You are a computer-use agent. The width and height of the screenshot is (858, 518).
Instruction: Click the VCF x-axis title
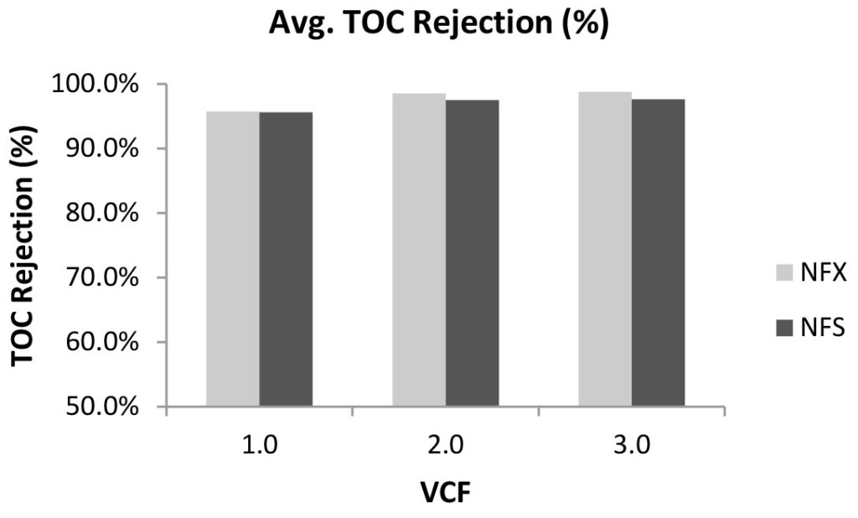tap(444, 491)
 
